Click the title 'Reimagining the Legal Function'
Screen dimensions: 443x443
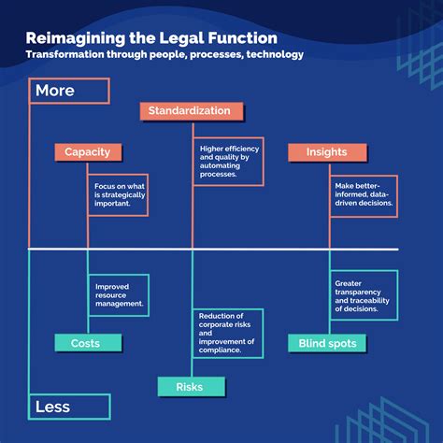coord(151,38)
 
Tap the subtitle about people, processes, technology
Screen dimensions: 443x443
coord(164,55)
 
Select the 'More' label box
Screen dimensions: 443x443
coord(70,91)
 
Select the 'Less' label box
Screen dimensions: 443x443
coord(70,407)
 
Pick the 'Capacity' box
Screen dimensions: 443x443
coord(88,151)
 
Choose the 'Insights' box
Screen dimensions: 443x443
coord(327,151)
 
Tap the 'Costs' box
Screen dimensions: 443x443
coord(85,344)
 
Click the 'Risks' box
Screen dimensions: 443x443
coord(190,386)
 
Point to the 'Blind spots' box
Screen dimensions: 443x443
coord(327,344)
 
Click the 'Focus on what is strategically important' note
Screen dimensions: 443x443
coord(119,193)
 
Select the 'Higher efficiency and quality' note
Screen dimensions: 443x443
coord(229,161)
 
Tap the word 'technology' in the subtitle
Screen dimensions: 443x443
coord(270,55)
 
